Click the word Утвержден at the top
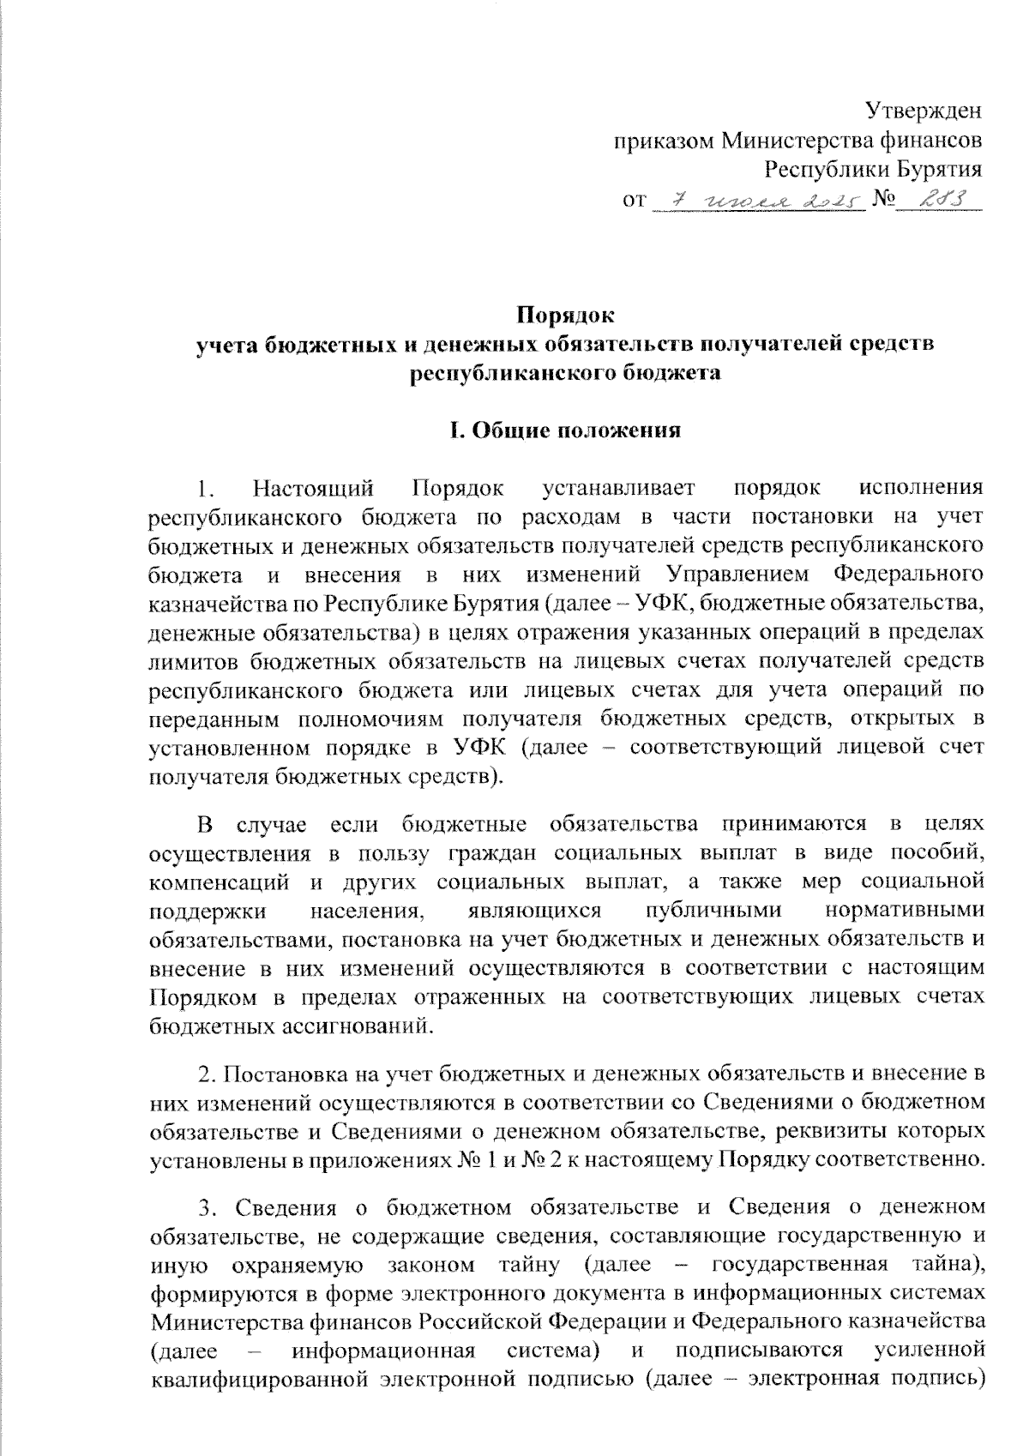923,111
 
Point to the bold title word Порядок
564,315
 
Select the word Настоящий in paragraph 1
314,489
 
